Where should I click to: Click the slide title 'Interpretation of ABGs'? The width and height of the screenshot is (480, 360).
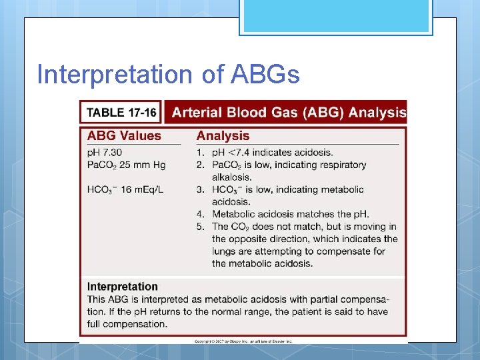168,74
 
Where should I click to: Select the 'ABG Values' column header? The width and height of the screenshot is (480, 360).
124,135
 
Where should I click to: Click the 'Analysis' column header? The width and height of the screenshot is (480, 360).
223,135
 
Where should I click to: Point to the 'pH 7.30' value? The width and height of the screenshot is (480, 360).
105,153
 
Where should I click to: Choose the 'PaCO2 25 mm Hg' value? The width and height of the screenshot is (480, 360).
127,165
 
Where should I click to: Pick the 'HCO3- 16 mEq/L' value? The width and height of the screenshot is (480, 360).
125,189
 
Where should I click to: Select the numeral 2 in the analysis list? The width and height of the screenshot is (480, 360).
200,165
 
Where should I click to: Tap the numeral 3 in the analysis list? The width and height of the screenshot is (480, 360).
200,189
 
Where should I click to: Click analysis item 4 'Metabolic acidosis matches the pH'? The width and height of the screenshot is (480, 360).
290,214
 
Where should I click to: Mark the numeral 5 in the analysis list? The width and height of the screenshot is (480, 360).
200,227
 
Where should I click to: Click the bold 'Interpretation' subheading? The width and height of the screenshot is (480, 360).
123,287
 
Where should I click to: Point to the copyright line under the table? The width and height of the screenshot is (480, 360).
243,341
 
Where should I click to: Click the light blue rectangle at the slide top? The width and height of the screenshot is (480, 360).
336,16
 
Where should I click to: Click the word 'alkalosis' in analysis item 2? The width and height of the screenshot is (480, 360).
231,177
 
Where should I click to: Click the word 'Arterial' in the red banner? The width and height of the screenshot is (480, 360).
197,112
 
